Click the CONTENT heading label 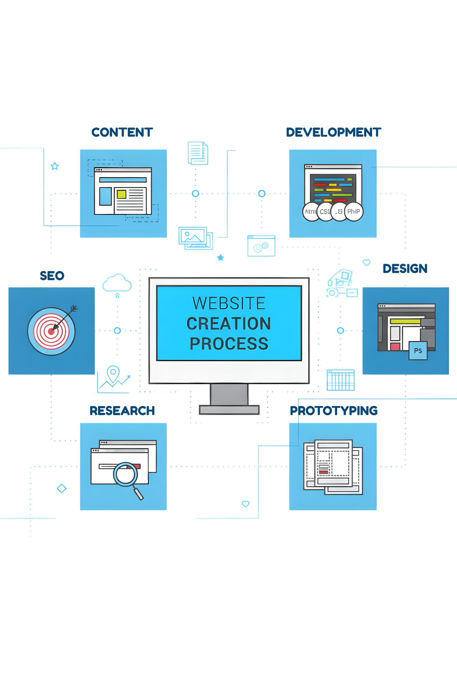tap(122, 133)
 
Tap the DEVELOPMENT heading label tap(333, 133)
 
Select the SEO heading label tap(52, 276)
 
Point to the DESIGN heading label tap(405, 269)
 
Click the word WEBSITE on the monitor tap(229, 303)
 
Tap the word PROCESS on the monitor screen tap(229, 344)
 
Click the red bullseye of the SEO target tap(51, 331)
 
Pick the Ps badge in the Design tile tap(418, 351)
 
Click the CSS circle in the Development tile tap(324, 212)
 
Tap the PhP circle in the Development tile tap(354, 212)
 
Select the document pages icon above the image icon tap(198, 153)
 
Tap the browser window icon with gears tap(261, 246)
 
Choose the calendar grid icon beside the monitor tap(341, 380)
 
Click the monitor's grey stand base tap(229, 410)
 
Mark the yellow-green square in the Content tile tap(122, 195)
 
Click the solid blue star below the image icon tap(221, 258)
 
